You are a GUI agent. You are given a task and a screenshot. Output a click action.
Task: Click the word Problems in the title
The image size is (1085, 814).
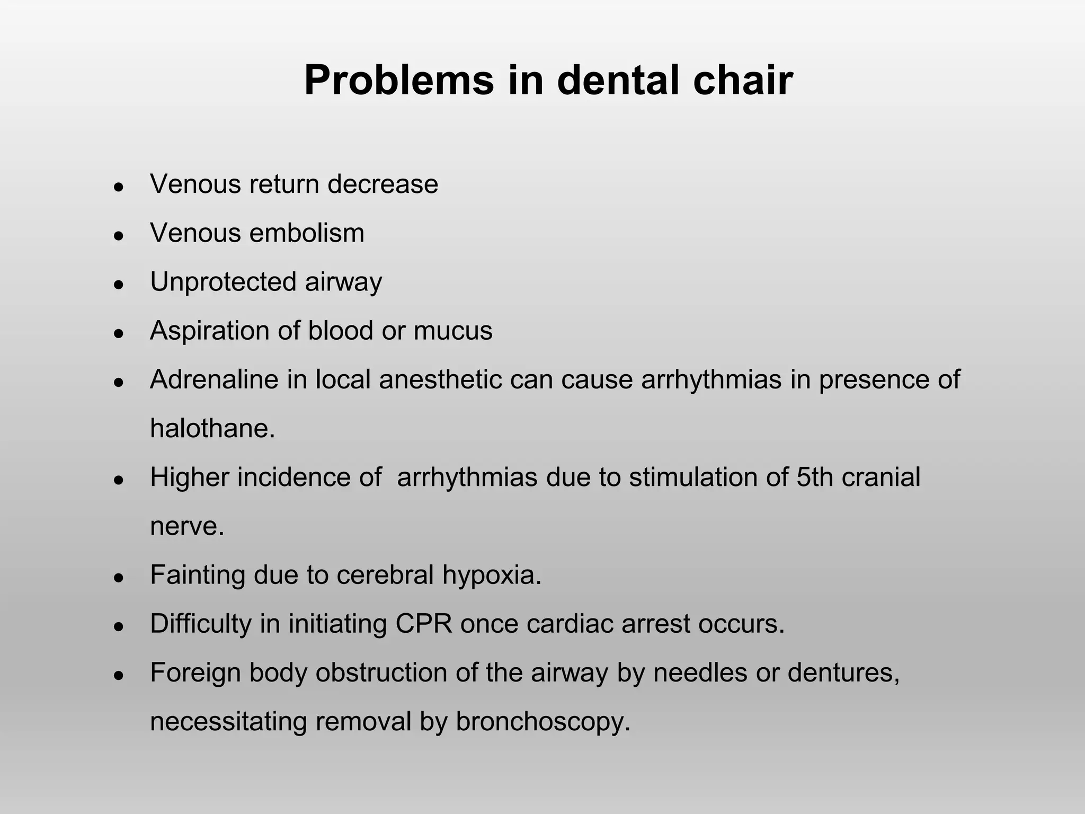tap(399, 81)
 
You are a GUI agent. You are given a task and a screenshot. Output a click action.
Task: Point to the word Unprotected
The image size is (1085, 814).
tap(223, 282)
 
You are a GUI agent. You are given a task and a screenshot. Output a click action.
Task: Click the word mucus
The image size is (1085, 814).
tap(453, 331)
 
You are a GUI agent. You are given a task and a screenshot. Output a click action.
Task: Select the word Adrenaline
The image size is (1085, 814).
tap(214, 379)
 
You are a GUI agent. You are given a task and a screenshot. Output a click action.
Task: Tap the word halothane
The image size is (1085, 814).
tap(212, 428)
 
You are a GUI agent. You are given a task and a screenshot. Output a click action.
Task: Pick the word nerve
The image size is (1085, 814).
tap(186, 526)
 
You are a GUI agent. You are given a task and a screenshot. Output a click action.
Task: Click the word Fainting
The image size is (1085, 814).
tap(197, 575)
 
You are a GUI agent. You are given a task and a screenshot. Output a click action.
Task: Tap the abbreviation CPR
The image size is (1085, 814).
tap(424, 624)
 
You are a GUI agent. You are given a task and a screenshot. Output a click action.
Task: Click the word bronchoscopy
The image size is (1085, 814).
tap(543, 722)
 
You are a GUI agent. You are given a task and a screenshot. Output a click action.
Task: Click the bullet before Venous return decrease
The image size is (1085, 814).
tap(119, 187)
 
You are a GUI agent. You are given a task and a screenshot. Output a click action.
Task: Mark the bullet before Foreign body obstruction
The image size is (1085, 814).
tap(119, 675)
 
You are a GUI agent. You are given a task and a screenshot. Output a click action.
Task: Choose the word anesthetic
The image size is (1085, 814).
tap(440, 379)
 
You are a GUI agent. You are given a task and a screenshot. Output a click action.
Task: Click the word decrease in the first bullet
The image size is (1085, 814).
tap(383, 184)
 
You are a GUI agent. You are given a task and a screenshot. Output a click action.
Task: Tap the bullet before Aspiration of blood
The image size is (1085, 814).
tap(119, 333)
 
